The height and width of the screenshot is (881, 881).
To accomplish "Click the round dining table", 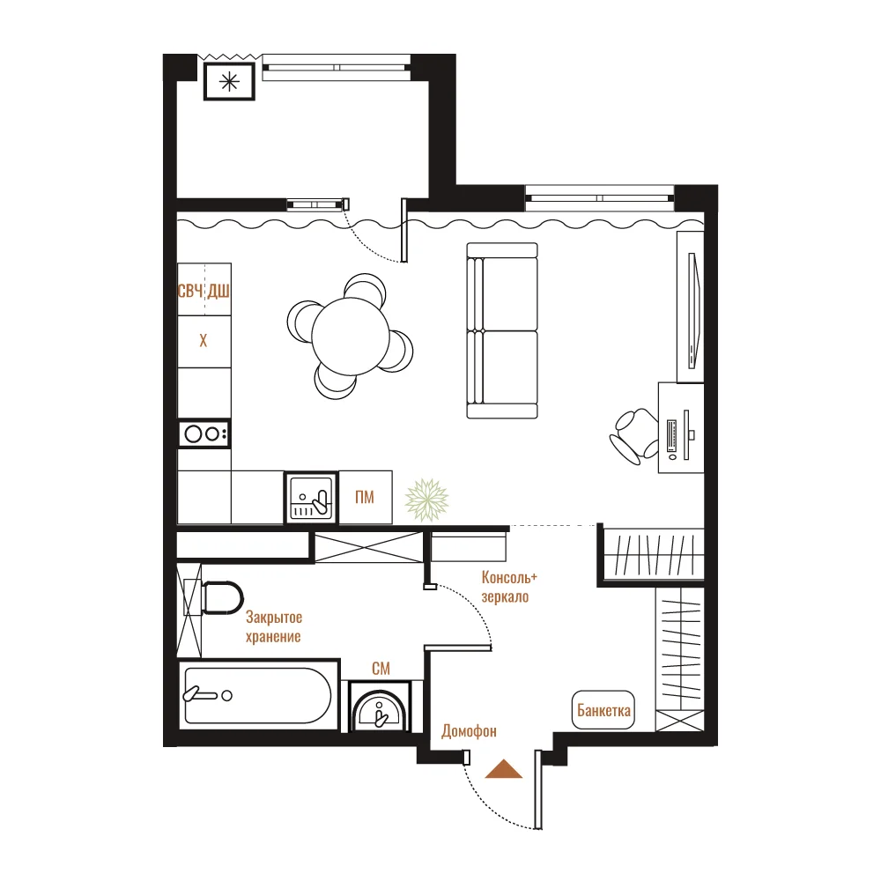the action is tap(351, 337).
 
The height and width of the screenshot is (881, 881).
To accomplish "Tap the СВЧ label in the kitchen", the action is tap(190, 291).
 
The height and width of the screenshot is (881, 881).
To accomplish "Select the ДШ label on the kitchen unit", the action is tap(218, 291).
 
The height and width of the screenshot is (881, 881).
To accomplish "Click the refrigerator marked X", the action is tap(204, 341).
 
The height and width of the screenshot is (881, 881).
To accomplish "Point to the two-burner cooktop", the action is tap(204, 433).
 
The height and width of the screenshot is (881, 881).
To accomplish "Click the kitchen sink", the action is tap(311, 498).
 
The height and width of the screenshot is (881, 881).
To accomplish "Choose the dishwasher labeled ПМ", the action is tap(366, 497).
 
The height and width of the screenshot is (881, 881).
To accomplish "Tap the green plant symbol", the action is tap(427, 500).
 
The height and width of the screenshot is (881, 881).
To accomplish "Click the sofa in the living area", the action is tap(502, 331).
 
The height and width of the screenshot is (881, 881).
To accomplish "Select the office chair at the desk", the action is tap(634, 436).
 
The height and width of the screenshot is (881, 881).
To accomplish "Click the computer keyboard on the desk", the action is tap(672, 435).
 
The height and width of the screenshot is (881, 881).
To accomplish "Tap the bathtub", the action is tap(258, 696).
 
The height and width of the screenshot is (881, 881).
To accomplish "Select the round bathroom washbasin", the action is tap(379, 711).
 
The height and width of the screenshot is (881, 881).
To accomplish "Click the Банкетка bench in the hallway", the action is tap(603, 710).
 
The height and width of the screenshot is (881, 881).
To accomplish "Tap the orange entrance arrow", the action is tap(504, 769).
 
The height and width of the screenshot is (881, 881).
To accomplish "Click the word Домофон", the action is tap(470, 731).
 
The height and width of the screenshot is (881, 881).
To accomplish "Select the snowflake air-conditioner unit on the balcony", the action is tap(229, 82).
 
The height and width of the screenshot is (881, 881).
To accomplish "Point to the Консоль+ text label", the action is tap(509, 578).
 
